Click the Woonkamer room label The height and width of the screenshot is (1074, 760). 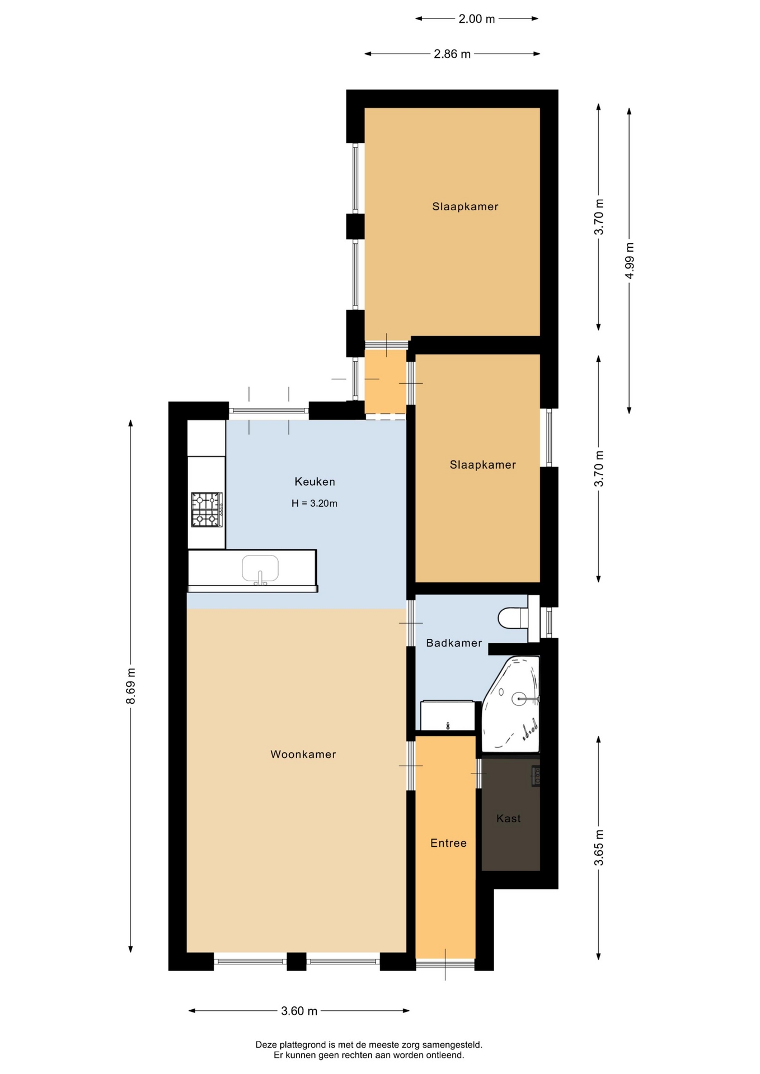[x=303, y=754]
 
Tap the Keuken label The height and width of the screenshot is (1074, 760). [x=315, y=482]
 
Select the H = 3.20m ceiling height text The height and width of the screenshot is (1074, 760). [x=315, y=503]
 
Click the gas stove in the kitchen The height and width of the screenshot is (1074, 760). [x=207, y=510]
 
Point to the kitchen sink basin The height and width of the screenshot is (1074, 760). [x=260, y=568]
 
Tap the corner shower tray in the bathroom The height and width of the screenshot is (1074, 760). [x=510, y=704]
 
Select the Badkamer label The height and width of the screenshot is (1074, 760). [x=454, y=643]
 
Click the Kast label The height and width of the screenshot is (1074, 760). [x=508, y=818]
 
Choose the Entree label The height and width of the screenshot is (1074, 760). [x=448, y=843]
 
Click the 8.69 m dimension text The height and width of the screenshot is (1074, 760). [x=130, y=686]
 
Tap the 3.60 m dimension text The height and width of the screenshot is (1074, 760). [x=299, y=1011]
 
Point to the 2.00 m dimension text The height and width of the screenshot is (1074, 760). [x=477, y=19]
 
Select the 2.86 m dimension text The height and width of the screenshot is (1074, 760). [x=452, y=54]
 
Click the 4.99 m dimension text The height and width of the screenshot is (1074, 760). [x=630, y=261]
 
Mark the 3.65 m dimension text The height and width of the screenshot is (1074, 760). [x=599, y=847]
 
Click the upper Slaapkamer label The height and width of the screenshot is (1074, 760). [x=465, y=206]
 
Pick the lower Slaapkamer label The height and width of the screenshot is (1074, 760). [x=483, y=465]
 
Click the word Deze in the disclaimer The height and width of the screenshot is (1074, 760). [x=266, y=1044]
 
